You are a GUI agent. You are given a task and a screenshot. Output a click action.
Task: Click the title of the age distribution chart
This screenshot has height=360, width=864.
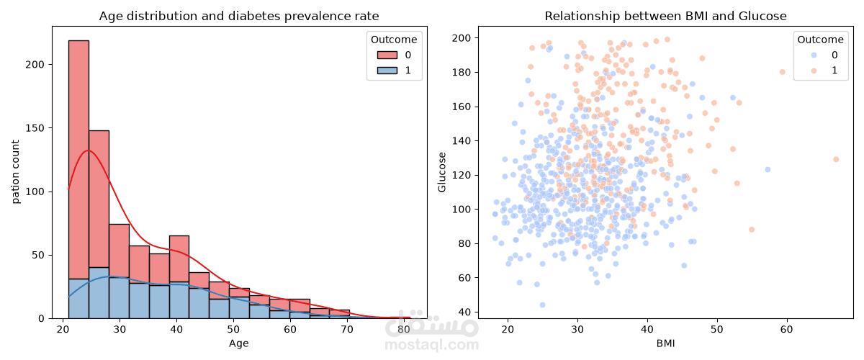click(239, 16)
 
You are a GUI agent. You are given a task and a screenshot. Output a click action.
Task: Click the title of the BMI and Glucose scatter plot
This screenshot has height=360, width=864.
click(665, 16)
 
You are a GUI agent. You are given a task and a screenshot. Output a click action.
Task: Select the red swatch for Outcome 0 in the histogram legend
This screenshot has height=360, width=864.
click(387, 55)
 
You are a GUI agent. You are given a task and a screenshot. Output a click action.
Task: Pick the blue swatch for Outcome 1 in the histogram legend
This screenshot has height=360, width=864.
click(387, 71)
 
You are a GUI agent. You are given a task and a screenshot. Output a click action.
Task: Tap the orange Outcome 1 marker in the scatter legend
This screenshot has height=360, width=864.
click(814, 71)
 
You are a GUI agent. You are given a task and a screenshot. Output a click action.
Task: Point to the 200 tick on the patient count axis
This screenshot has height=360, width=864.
click(35, 64)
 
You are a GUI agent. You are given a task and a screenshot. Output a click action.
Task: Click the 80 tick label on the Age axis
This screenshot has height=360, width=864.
click(404, 329)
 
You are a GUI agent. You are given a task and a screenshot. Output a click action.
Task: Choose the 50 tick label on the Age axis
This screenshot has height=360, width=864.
click(233, 329)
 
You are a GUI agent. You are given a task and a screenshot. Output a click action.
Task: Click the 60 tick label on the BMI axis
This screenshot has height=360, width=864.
click(787, 329)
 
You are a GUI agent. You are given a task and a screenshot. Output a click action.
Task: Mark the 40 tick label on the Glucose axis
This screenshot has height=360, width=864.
click(464, 312)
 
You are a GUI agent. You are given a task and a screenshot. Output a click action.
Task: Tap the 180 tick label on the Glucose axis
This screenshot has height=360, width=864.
click(462, 72)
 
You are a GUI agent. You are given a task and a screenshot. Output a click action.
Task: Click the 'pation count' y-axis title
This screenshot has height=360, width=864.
click(15, 171)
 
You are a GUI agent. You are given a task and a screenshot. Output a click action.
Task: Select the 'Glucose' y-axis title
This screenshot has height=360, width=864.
click(442, 172)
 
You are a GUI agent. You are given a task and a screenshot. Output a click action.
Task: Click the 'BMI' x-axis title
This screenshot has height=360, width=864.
click(666, 343)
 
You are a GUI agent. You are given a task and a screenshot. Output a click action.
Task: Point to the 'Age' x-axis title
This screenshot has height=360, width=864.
click(239, 343)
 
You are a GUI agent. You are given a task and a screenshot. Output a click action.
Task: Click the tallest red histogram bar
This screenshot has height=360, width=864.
click(78, 160)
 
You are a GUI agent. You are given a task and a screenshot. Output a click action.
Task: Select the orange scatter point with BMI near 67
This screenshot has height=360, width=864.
click(836, 159)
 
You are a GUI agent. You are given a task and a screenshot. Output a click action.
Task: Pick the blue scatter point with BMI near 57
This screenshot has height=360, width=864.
click(768, 170)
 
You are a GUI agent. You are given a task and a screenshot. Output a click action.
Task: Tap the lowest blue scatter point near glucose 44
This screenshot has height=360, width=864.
click(542, 305)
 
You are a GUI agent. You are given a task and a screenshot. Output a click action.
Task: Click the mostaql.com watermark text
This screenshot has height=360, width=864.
click(431, 344)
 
